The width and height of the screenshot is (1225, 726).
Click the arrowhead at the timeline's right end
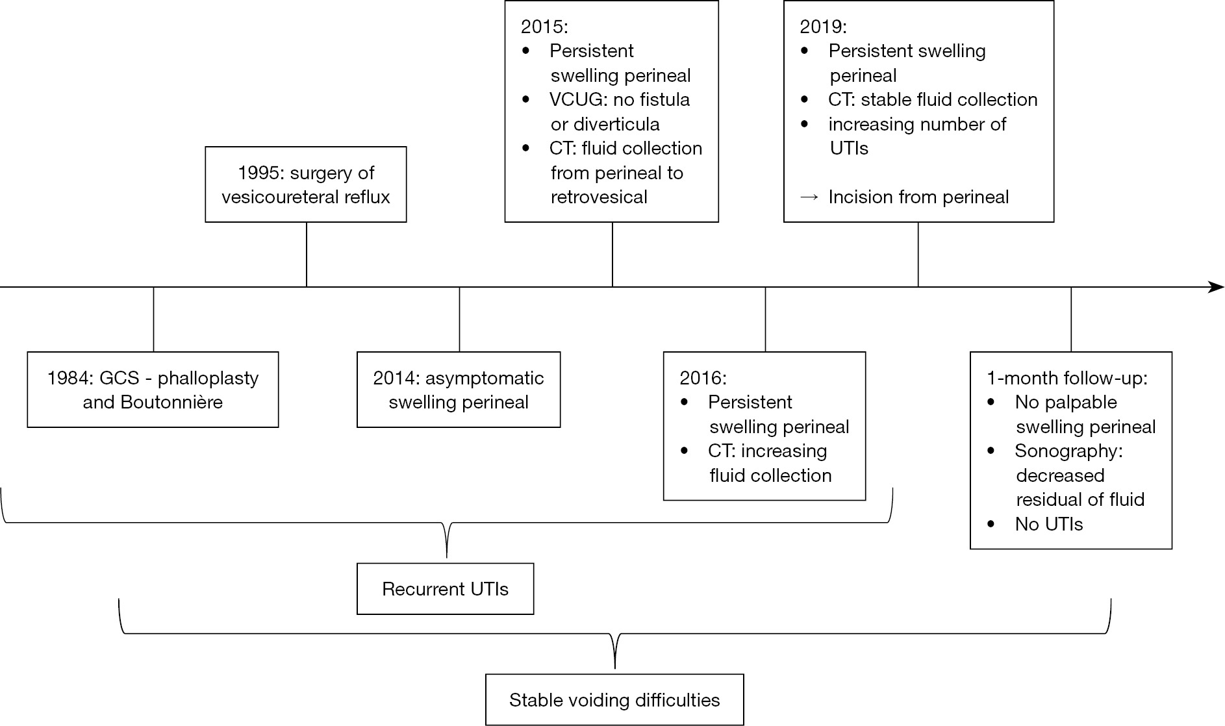point(1216,287)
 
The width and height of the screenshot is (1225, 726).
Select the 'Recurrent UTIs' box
point(446,589)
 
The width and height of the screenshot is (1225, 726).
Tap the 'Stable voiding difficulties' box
point(614,699)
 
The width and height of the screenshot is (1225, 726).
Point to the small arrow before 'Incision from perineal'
point(809,197)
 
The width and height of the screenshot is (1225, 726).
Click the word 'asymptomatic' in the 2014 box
point(485,379)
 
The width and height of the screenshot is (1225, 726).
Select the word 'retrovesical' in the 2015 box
point(599,197)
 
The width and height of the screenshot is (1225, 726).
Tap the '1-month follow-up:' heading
point(1067,379)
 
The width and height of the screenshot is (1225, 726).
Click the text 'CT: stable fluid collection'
point(933,100)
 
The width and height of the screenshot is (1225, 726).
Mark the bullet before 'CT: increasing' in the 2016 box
point(684,451)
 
